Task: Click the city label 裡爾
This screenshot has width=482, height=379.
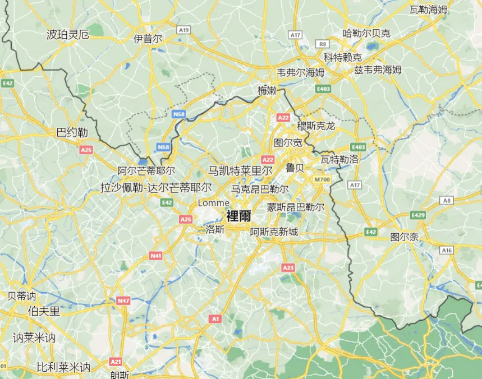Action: click(238, 215)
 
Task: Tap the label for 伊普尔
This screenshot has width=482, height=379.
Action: click(148, 39)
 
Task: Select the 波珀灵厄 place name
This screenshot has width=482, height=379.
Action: click(67, 35)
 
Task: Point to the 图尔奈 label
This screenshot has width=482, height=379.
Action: click(405, 237)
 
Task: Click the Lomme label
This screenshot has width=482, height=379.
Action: click(214, 202)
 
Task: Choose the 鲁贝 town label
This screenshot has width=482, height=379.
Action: click(295, 168)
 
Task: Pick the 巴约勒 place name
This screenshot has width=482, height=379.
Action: click(72, 133)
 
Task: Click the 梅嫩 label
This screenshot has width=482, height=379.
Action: click(267, 90)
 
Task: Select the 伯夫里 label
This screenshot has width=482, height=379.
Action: click(44, 311)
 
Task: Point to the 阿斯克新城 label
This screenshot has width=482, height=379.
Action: click(274, 232)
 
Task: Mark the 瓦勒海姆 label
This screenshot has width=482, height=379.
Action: click(428, 10)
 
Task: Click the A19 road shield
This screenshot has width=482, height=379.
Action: click(183, 30)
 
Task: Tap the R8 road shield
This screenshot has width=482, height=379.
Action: click(322, 44)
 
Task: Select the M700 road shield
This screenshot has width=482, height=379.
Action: click(323, 179)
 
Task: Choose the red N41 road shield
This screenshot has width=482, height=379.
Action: click(156, 256)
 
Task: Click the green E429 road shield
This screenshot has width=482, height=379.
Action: click(418, 215)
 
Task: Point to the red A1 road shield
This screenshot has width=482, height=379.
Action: click(215, 318)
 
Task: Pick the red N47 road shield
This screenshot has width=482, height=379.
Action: click(123, 301)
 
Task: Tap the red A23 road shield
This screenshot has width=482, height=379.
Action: click(288, 268)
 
